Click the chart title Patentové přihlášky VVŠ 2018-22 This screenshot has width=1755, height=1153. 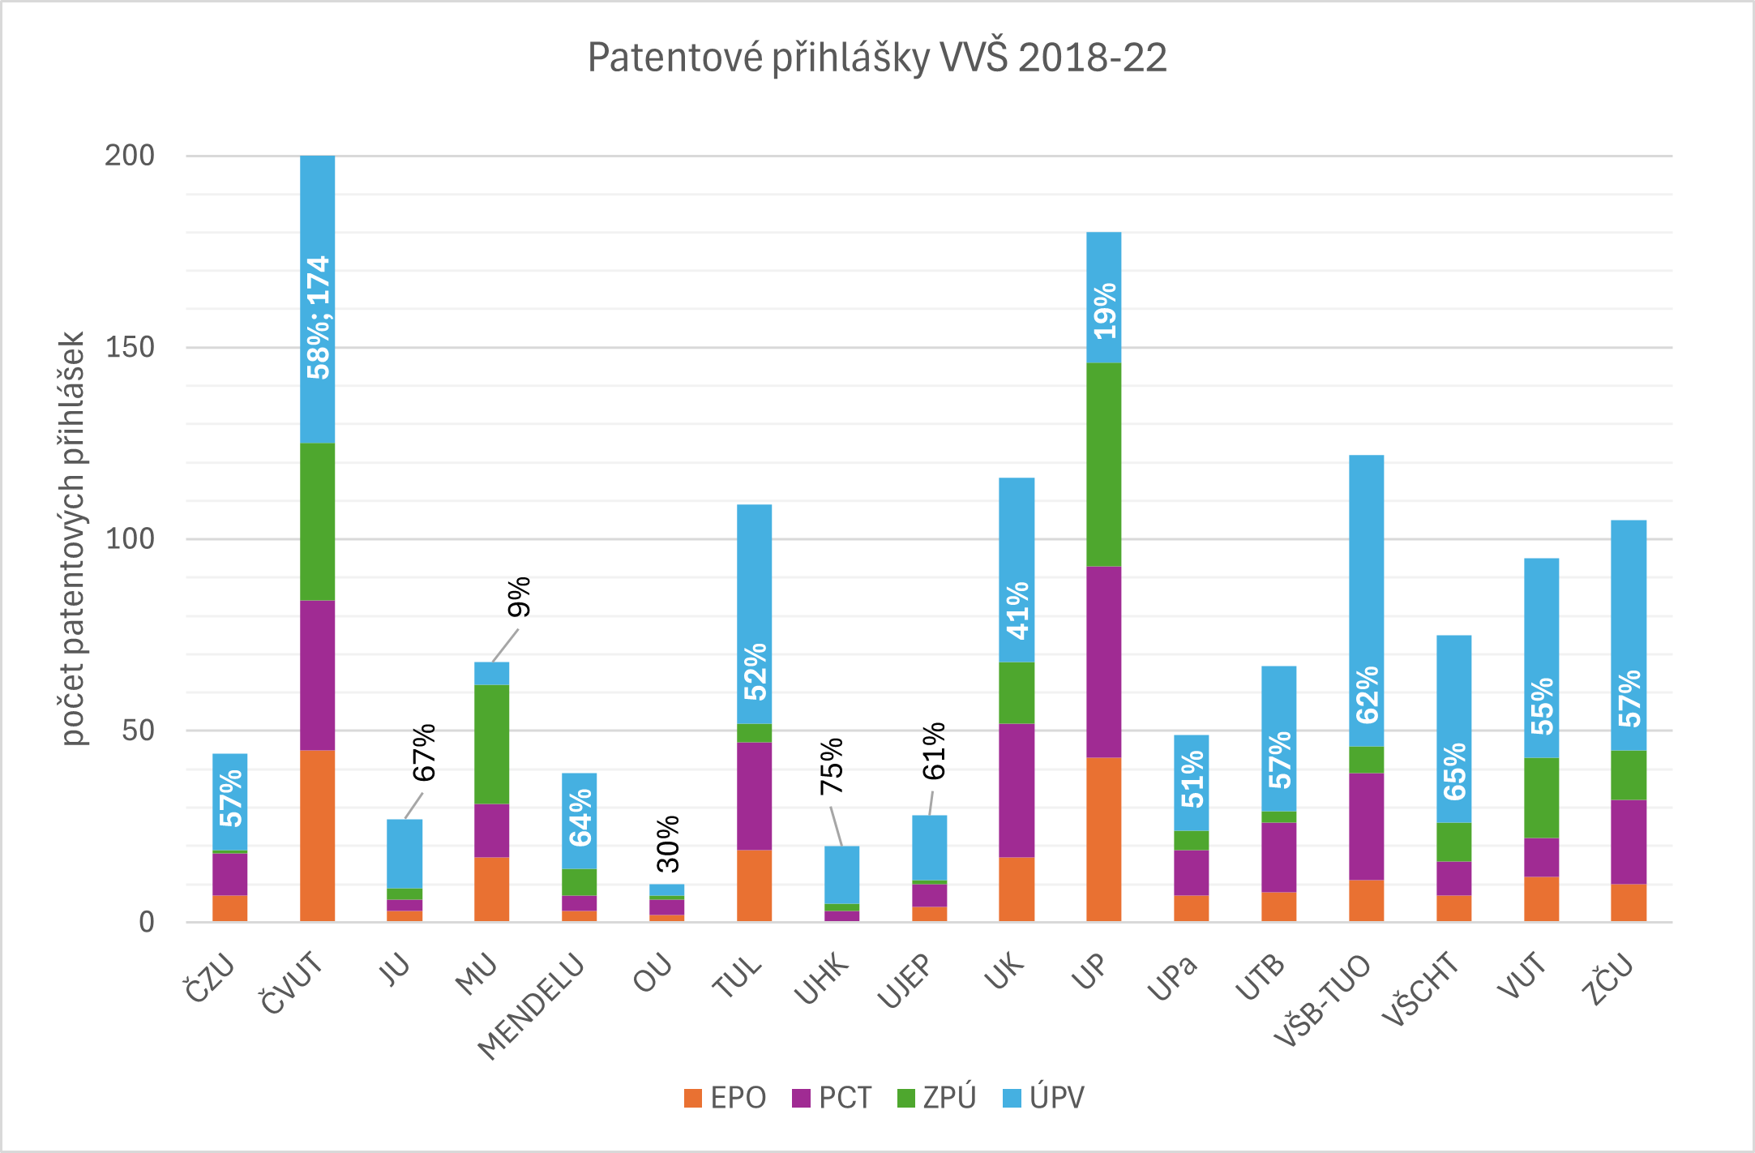point(877,58)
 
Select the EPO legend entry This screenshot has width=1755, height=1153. point(725,1098)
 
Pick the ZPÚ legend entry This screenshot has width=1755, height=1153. point(937,1098)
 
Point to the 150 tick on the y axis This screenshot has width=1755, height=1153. point(130,347)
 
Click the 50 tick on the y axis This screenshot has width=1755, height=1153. point(138,731)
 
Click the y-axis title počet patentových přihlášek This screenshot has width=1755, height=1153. point(73,538)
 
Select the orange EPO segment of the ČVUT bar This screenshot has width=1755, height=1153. point(317,835)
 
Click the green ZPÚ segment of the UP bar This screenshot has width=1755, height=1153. point(1103,464)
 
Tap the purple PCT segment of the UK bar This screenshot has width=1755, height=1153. point(1016,790)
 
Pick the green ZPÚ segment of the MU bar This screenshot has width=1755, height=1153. point(491,744)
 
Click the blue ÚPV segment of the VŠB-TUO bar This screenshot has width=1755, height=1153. point(1366,600)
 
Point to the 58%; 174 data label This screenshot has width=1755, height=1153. point(318,318)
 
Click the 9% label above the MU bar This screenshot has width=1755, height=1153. point(519,597)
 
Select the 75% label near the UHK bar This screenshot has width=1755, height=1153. point(832,766)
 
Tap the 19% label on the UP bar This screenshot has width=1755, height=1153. point(1104,311)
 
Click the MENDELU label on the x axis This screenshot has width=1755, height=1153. point(532,1005)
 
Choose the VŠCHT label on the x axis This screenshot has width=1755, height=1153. point(1420,989)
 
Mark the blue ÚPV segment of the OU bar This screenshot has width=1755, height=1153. point(666,889)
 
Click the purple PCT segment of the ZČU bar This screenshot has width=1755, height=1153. point(1628,842)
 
